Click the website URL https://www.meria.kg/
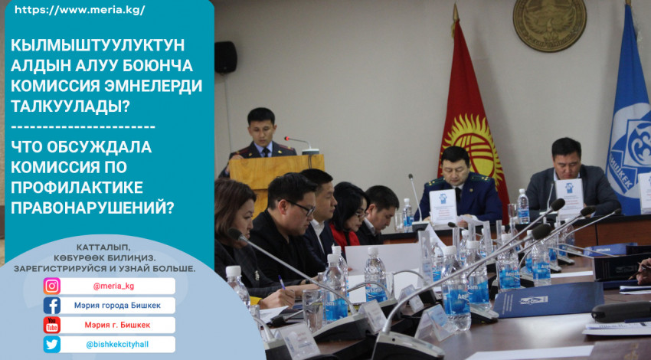(80, 11)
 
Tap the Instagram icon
(52, 286)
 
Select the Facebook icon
(52, 306)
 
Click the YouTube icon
(52, 325)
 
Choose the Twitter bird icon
(52, 345)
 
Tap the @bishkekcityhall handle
(117, 345)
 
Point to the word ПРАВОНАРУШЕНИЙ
(92, 208)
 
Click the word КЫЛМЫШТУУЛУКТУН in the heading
(97, 45)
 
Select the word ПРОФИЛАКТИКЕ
(77, 188)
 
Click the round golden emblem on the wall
(549, 25)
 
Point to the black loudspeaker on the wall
(225, 57)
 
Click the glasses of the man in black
(303, 208)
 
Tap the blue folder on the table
(548, 299)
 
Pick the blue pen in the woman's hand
(282, 283)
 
